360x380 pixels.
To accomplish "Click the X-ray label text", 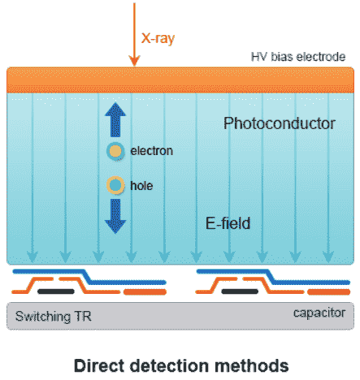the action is click(158, 38).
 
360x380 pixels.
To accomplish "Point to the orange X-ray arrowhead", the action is click(134, 61).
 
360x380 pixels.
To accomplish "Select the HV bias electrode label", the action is click(298, 57).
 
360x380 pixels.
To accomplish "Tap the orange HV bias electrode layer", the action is click(180, 80).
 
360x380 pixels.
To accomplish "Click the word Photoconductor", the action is click(280, 123).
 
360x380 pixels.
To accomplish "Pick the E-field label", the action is click(228, 223).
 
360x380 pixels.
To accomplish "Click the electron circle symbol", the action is click(115, 151).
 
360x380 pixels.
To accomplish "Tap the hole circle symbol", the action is click(115, 185).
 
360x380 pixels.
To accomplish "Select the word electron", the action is click(151, 151).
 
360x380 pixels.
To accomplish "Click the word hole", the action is click(141, 186).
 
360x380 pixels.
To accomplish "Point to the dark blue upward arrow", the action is click(115, 119).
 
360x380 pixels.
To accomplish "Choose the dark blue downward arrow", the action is click(115, 216).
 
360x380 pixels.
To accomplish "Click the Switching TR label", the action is click(54, 317).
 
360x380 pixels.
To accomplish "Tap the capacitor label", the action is click(319, 313).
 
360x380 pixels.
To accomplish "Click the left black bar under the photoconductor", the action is click(56, 291).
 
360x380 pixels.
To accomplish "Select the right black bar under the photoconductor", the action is click(240, 291).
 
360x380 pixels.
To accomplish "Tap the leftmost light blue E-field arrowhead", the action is click(33, 257).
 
